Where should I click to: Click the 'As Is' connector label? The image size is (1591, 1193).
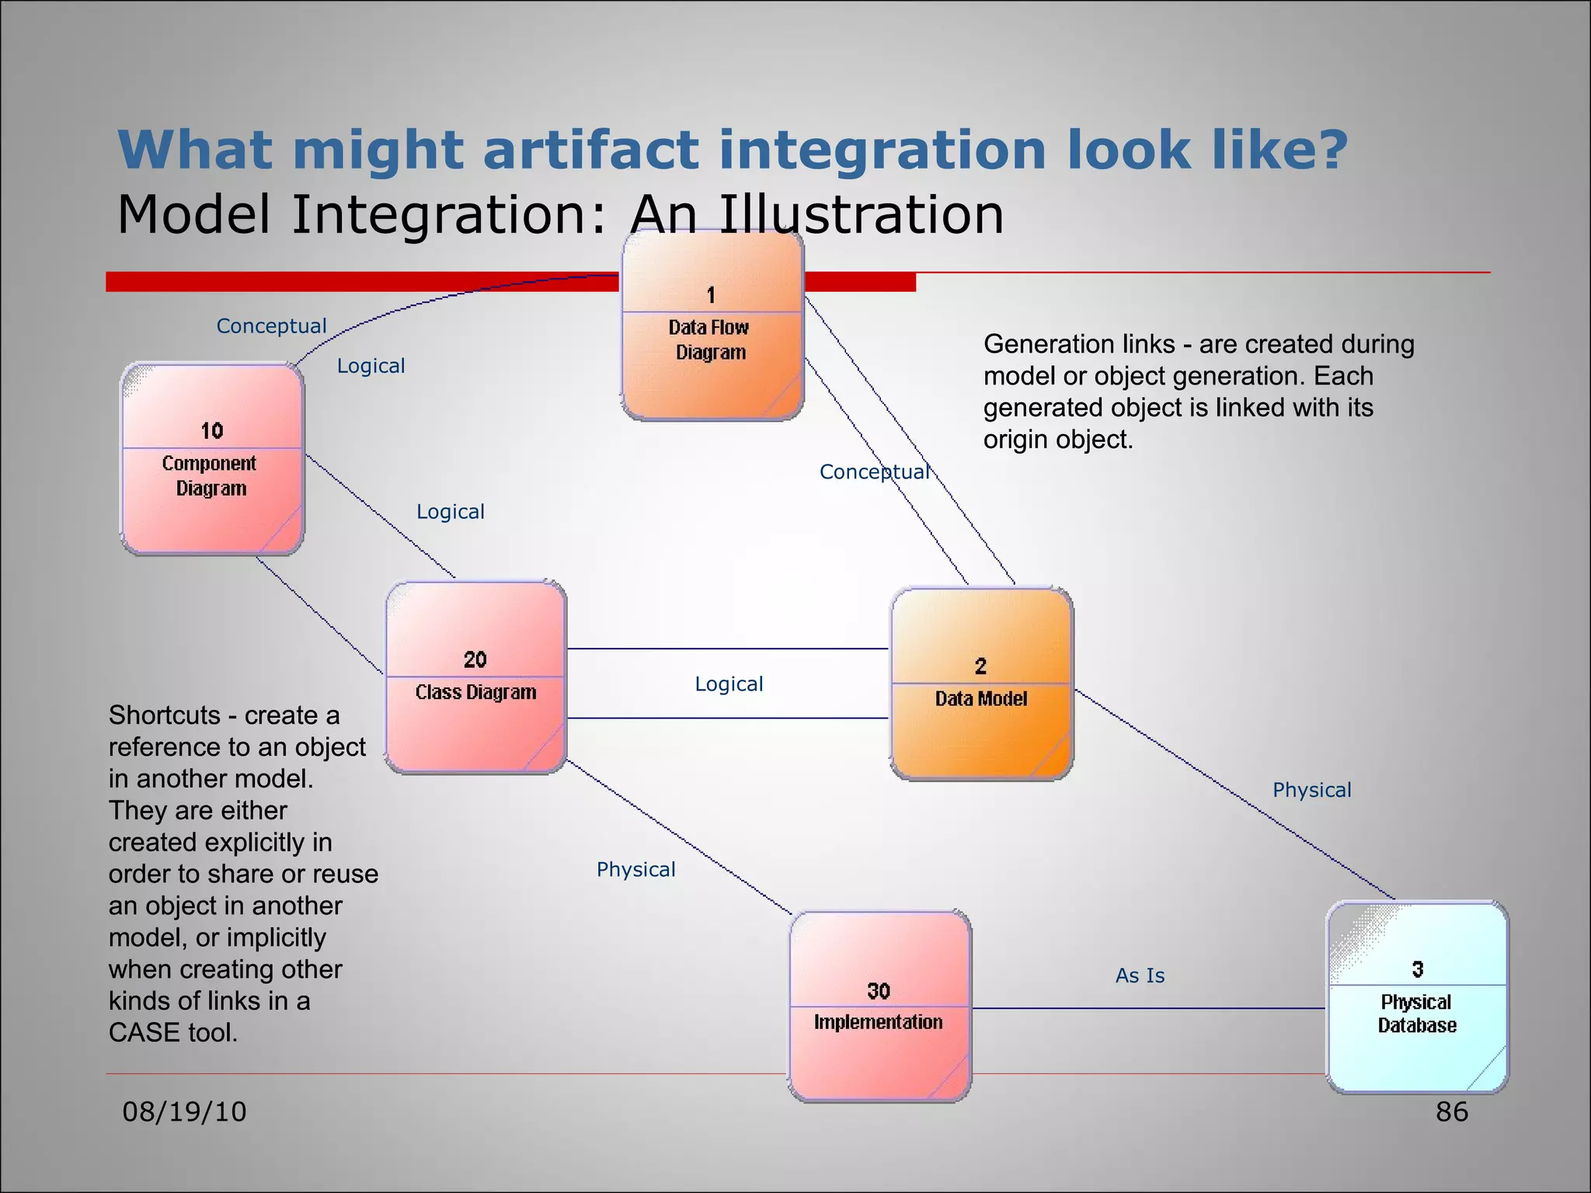click(1140, 976)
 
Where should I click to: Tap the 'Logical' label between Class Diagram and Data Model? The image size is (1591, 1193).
click(729, 684)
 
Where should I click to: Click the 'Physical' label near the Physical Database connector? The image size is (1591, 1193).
click(1311, 790)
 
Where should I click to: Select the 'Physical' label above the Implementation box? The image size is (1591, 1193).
click(635, 869)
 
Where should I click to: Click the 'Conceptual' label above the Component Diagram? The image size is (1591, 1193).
click(271, 326)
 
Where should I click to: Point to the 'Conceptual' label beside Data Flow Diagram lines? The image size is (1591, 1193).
click(874, 472)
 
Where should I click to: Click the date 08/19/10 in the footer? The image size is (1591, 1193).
click(184, 1111)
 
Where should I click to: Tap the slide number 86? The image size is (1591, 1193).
click(1451, 1111)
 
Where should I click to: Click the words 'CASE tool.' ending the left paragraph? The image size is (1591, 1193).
click(172, 1033)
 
